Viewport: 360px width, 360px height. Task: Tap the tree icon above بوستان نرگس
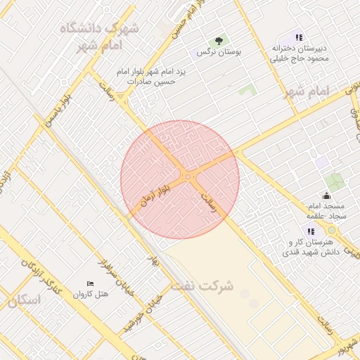pyautogui.click(x=219, y=41)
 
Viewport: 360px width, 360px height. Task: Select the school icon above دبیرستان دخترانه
pyautogui.click(x=300, y=37)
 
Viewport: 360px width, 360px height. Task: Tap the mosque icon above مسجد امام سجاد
pyautogui.click(x=326, y=196)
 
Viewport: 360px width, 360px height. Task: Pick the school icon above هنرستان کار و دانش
pyautogui.click(x=310, y=231)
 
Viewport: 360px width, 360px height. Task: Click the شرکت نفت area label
pyautogui.click(x=205, y=286)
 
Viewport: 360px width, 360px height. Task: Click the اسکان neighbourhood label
pyautogui.click(x=24, y=300)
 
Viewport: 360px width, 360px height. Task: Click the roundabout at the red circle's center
pyautogui.click(x=186, y=176)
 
